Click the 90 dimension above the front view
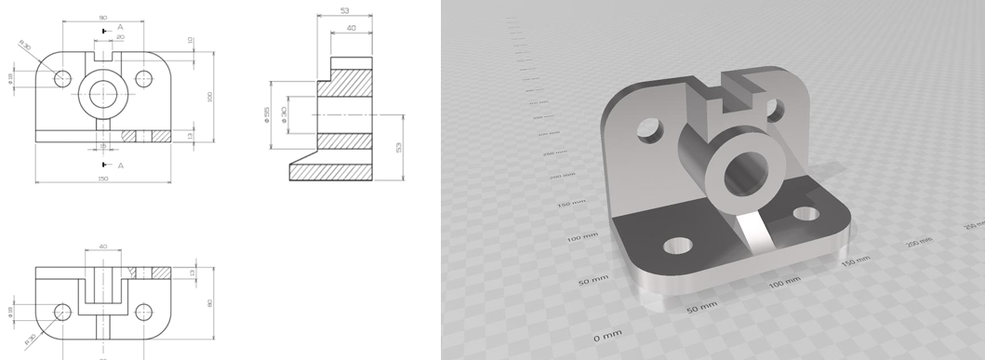coord(102,17)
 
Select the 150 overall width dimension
coord(102,178)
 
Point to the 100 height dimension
coord(210,97)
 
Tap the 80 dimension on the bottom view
coord(210,301)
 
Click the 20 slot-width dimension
coord(120,37)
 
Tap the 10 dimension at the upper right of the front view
coord(190,41)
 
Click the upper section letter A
coord(120,28)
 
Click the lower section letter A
coord(120,165)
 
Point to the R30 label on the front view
coord(25,46)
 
